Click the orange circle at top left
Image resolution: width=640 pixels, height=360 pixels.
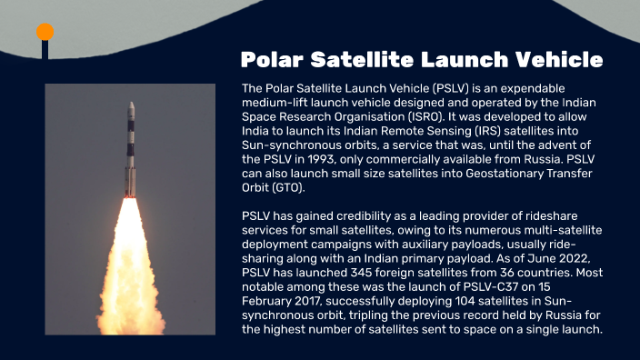[x=45, y=33]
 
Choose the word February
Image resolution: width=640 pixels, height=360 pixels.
[x=270, y=301]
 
